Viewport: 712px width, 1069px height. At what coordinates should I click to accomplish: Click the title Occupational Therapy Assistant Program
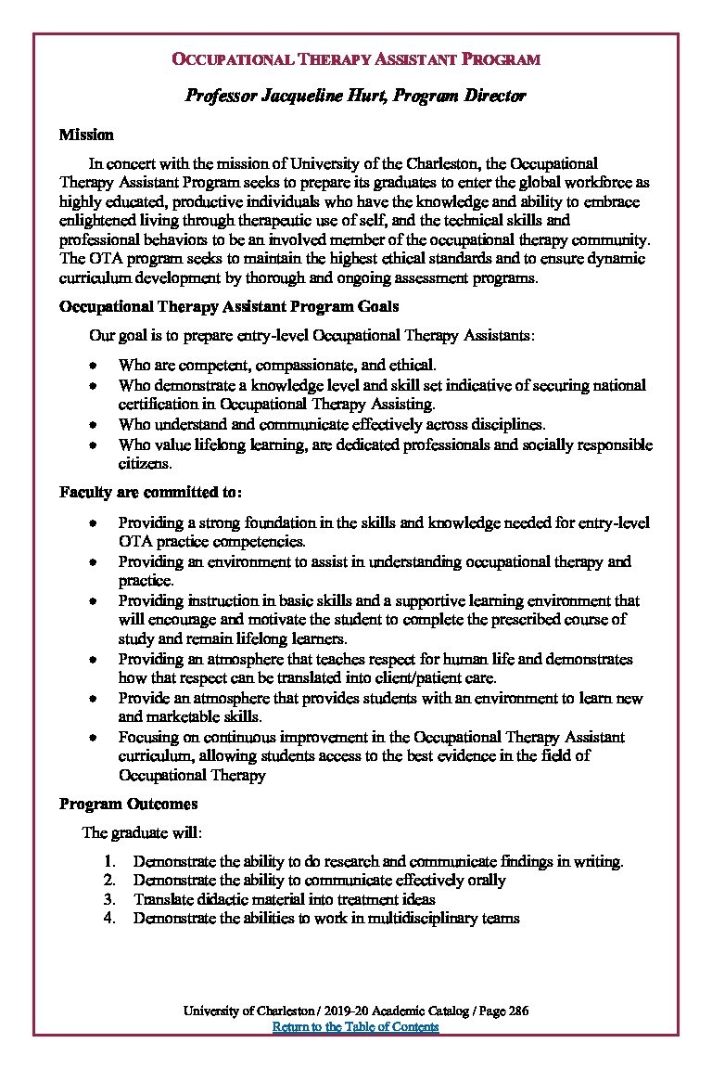click(356, 59)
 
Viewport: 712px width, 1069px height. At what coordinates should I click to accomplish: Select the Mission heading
click(86, 135)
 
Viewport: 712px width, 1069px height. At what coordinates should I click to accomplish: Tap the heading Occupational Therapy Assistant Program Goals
click(229, 306)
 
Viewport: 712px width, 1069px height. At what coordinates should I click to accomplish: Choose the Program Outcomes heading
click(128, 804)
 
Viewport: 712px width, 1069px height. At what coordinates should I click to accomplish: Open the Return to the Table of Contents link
click(355, 1026)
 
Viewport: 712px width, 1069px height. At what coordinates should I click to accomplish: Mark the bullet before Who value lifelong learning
click(94, 445)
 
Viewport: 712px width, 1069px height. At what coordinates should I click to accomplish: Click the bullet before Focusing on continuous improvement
click(94, 737)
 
